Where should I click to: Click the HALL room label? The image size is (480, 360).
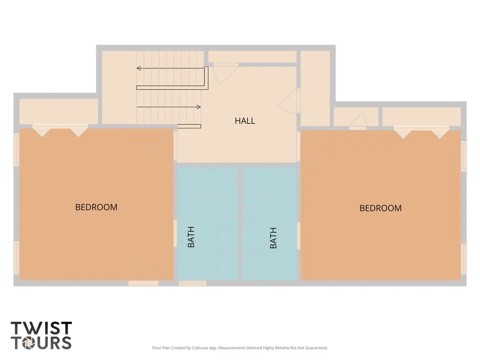click(245, 121)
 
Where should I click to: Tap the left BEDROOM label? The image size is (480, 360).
click(96, 207)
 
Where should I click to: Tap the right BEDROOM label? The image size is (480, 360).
click(381, 208)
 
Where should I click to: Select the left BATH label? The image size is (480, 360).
click(191, 237)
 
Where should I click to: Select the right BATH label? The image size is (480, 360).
click(274, 238)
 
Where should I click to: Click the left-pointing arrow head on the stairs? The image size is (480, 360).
click(139, 68)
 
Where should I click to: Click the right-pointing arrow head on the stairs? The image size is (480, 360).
click(199, 107)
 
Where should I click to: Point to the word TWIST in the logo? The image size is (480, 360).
click(41, 328)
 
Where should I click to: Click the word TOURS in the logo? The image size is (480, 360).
click(41, 343)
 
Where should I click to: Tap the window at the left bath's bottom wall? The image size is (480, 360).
click(192, 283)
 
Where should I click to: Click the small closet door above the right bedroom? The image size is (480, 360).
click(358, 121)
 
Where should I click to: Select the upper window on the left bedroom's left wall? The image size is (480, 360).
click(16, 150)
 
